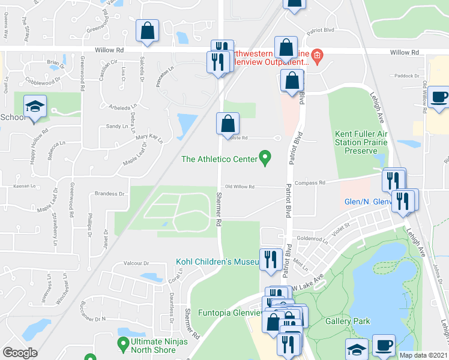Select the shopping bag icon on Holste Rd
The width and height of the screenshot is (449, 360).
point(228,124)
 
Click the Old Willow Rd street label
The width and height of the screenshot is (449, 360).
point(240,187)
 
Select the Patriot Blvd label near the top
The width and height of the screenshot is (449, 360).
point(320,30)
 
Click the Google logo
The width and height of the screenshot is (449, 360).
point(20,353)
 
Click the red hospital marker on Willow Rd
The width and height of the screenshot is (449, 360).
point(316,58)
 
